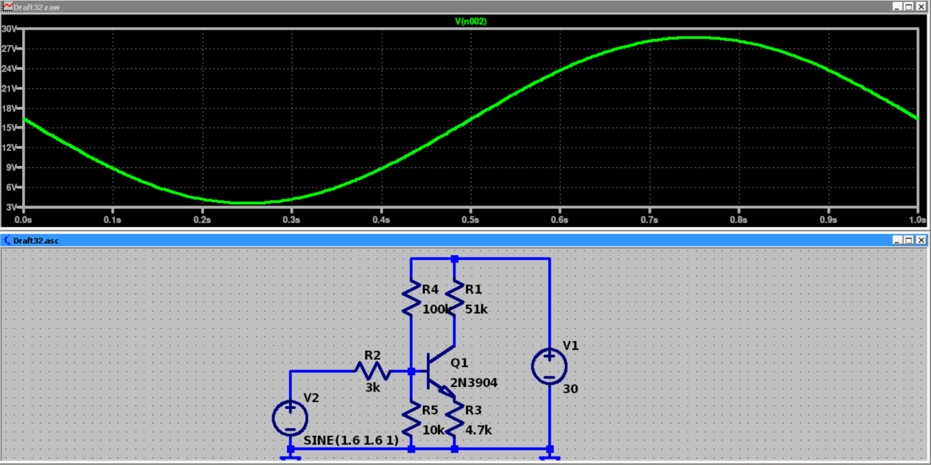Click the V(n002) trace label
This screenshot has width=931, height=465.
click(471, 21)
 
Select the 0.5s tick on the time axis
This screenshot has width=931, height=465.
click(470, 220)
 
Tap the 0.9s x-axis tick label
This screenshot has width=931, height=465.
click(828, 220)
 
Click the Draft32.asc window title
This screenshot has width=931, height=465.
click(36, 241)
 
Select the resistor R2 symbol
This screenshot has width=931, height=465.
click(372, 372)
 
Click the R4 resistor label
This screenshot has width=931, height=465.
click(430, 289)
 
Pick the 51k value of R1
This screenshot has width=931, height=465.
click(476, 309)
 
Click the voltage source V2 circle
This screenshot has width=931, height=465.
click(290, 418)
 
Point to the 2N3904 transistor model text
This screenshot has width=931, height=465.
click(474, 383)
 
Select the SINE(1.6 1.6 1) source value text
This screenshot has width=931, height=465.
click(351, 441)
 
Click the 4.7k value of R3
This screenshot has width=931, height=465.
click(479, 430)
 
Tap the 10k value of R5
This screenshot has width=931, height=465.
click(433, 430)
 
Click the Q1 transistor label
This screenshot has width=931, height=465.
click(459, 363)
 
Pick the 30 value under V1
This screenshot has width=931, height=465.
click(570, 389)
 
